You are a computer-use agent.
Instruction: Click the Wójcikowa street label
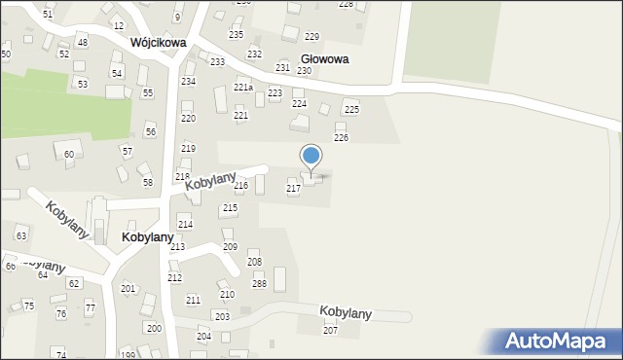coord(158,43)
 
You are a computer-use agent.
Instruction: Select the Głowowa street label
coord(325,58)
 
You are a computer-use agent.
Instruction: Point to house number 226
coord(341,138)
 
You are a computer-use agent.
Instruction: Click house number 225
coord(351,110)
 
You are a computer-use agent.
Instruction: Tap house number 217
coord(293,188)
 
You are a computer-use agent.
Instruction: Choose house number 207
coord(330,331)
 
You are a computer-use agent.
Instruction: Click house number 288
coord(260,283)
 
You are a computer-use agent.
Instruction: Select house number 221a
coord(243,88)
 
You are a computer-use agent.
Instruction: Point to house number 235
coord(236,34)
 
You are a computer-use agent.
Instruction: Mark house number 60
coord(69,155)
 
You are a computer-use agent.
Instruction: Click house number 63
coord(21,236)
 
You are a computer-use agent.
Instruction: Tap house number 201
coord(128,289)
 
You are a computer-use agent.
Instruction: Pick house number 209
coord(230,247)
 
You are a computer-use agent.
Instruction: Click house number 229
coord(311,36)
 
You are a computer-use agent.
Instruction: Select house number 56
coord(150,131)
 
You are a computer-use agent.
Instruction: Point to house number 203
coord(222,317)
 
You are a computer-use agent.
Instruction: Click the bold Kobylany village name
coord(148,237)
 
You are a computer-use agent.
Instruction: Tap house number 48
coord(82,43)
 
